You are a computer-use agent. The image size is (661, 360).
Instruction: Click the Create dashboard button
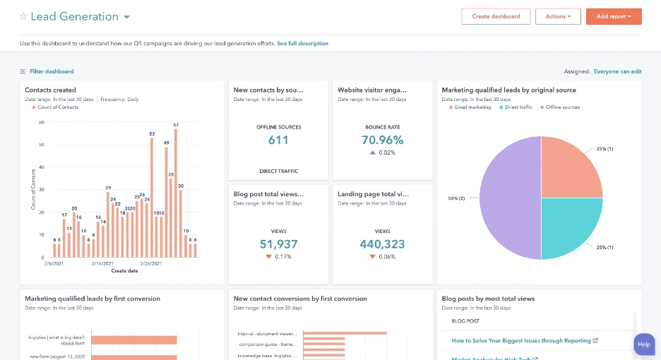[x=496, y=16]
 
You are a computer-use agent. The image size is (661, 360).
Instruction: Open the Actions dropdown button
[x=558, y=16]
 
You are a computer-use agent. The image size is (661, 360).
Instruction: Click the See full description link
[x=302, y=44]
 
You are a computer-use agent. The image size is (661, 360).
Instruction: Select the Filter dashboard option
[x=51, y=71]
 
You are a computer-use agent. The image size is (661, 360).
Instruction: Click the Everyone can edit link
[x=617, y=71]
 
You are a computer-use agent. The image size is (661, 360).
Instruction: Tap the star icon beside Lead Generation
[x=23, y=16]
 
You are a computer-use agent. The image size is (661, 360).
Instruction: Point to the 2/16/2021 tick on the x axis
[x=103, y=263]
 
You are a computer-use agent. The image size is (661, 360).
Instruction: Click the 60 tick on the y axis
[x=42, y=122]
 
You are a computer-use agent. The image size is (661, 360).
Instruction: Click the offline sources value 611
[x=278, y=140]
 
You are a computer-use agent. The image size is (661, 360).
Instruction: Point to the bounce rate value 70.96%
[x=382, y=140]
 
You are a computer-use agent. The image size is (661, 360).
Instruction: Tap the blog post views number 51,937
[x=278, y=244]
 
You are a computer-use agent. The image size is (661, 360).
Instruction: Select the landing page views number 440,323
[x=382, y=244]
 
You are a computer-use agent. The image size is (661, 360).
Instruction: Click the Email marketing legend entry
[x=472, y=107]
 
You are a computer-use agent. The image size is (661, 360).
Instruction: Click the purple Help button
[x=644, y=344]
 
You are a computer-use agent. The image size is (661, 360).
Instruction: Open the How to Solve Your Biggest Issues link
[x=521, y=341]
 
